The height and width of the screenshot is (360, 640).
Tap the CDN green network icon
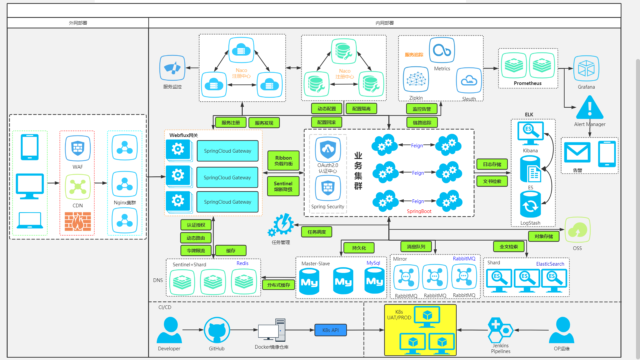coord(78,187)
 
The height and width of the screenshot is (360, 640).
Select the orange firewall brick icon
coord(78,221)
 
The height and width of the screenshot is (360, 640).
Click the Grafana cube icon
coord(586,68)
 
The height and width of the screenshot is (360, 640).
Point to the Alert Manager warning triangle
coord(590,108)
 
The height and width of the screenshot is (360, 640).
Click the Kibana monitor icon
coord(530,133)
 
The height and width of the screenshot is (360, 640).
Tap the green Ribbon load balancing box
coord(283,161)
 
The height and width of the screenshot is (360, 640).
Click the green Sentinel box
coord(283,186)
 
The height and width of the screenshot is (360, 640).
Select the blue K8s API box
coord(330,330)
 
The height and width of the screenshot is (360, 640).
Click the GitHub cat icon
coord(217,330)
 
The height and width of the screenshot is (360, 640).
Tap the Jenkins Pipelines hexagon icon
coord(500,330)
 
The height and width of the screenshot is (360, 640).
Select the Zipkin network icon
coord(416,79)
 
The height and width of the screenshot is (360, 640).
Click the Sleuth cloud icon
coord(469,80)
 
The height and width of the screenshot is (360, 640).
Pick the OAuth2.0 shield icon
coord(328,149)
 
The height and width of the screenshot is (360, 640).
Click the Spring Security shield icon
coord(328,188)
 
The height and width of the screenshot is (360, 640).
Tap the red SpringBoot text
coord(419,211)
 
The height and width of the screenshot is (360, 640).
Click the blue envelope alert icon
coord(577,152)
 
